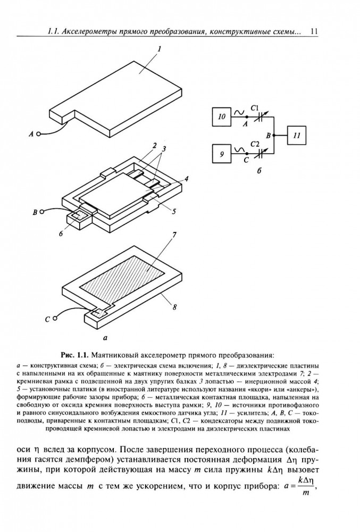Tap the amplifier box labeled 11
click(x=297, y=135)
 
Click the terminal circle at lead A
click(x=38, y=135)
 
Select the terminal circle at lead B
click(x=41, y=212)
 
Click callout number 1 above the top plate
click(x=158, y=48)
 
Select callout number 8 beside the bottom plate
click(x=173, y=306)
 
